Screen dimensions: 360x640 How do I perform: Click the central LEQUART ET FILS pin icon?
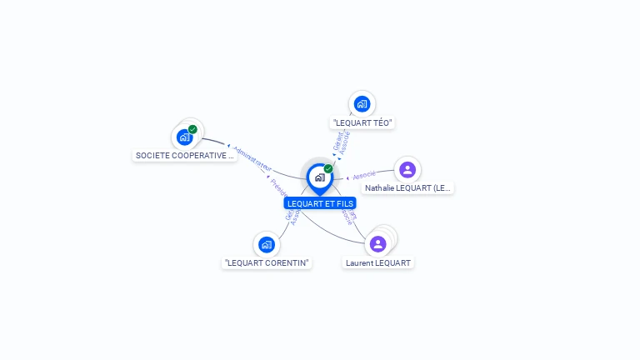point(319,177)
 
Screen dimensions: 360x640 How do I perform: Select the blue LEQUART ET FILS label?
point(320,203)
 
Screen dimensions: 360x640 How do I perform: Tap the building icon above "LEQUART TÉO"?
point(362,104)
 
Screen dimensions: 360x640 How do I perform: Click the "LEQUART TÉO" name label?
point(362,123)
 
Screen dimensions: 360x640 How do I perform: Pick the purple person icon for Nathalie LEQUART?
point(407,170)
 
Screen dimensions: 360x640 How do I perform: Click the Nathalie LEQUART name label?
point(408,188)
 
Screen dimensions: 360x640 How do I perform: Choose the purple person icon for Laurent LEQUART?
point(377,243)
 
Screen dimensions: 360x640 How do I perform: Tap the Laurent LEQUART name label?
point(378,262)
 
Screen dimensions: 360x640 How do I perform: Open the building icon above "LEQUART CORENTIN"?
point(266,244)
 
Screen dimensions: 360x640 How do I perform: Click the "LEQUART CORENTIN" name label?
point(267,262)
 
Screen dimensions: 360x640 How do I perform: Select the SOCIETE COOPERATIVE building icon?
point(184,137)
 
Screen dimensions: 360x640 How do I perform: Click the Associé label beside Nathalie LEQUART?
point(364,175)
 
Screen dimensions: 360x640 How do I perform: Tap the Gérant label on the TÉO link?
point(337,141)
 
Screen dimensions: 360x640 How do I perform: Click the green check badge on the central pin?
point(328,168)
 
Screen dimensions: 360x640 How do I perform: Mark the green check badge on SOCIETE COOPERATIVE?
point(192,129)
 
